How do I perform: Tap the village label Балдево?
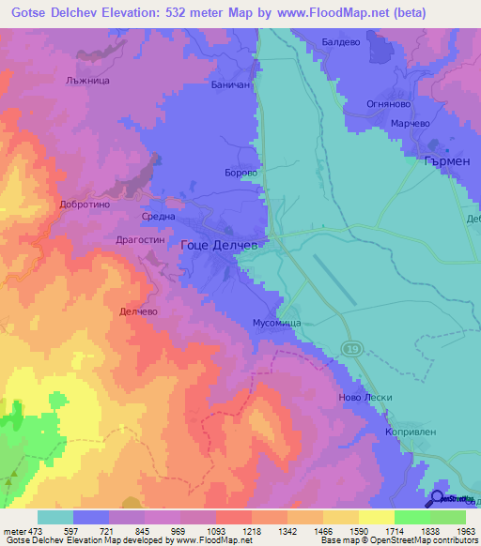point(341,42)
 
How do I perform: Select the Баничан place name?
point(230,84)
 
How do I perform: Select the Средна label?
point(158,216)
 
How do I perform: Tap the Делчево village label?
point(138,311)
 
